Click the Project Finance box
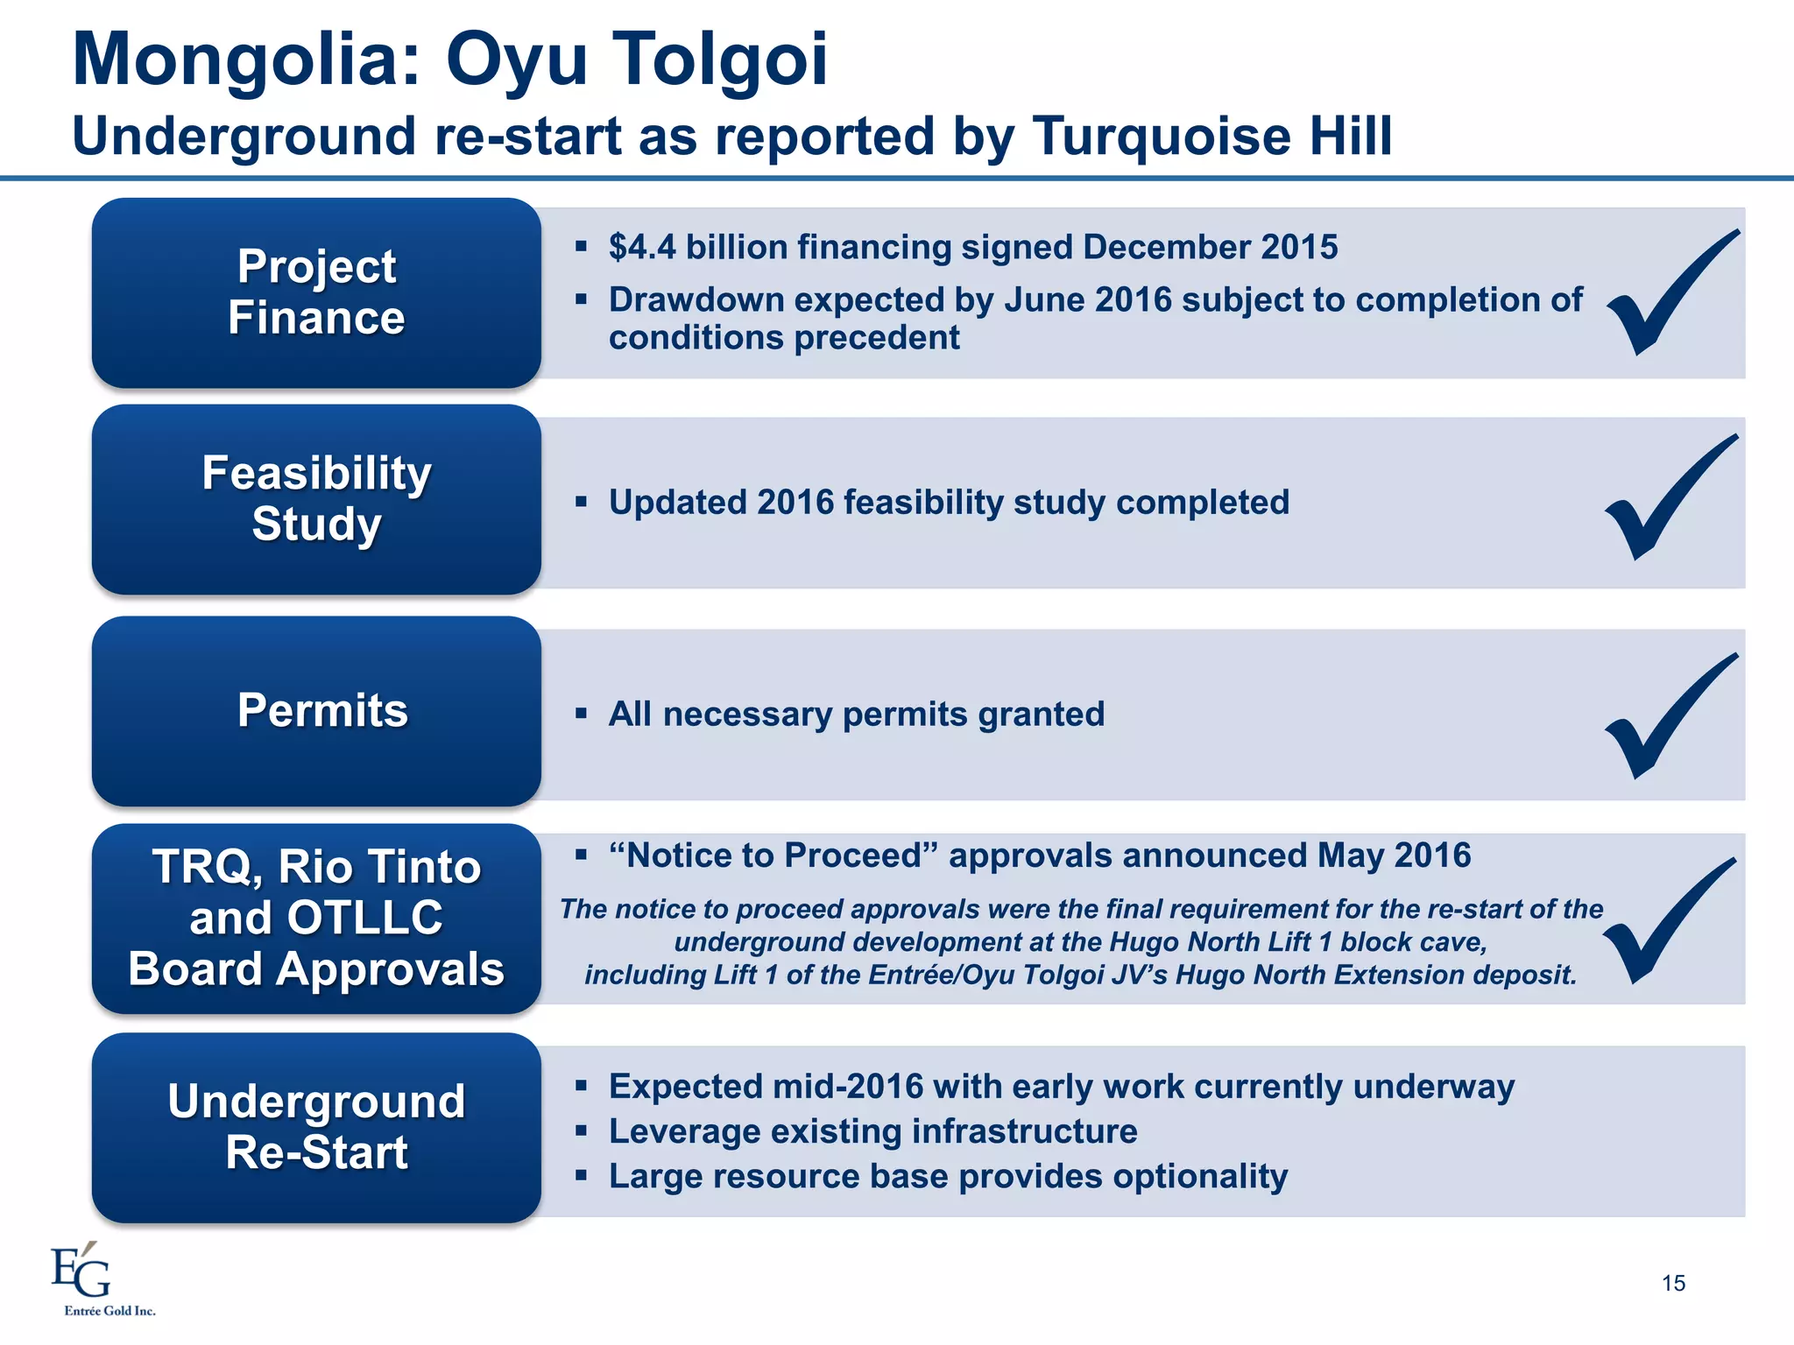(316, 292)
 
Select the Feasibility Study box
(316, 499)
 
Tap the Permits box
(316, 711)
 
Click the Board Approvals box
(316, 919)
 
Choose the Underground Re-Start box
(316, 1127)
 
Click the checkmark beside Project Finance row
(1670, 294)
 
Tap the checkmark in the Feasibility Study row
(1668, 499)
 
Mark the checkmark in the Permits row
(1668, 717)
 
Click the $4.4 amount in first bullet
(642, 248)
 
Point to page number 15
(1673, 1284)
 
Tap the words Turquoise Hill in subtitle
(1212, 137)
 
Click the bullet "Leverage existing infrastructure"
(872, 1131)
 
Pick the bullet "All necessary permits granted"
(856, 715)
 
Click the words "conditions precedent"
(784, 338)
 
